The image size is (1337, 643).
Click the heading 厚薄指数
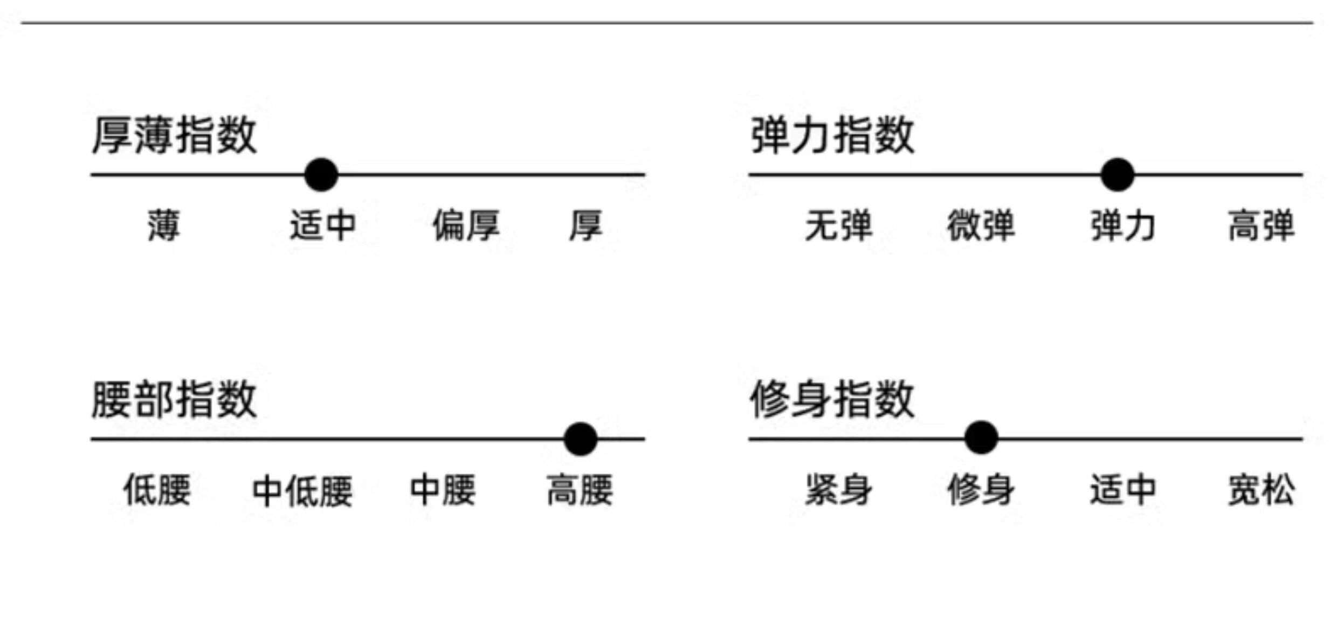[174, 135]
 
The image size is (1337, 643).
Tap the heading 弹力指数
[832, 135]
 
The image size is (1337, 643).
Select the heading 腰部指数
[174, 399]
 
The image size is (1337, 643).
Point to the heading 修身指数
[832, 399]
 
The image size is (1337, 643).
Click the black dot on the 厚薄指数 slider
[321, 175]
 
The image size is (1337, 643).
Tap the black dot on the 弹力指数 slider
[1118, 175]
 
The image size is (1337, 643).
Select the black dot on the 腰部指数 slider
[580, 439]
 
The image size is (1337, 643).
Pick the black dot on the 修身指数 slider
[981, 437]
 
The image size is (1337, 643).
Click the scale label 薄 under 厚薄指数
[164, 225]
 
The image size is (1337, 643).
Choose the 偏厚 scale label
[466, 225]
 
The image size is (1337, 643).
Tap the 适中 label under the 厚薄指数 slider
[322, 225]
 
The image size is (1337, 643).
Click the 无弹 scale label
[838, 225]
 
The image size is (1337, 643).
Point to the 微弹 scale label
[981, 225]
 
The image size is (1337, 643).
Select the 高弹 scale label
[1261, 225]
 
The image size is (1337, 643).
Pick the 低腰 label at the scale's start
[157, 490]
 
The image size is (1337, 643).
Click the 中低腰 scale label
[302, 490]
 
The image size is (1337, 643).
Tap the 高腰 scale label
[580, 490]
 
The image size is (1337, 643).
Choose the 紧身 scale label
[838, 490]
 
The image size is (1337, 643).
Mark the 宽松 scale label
[1261, 490]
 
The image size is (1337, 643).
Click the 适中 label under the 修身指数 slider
[1123, 490]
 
